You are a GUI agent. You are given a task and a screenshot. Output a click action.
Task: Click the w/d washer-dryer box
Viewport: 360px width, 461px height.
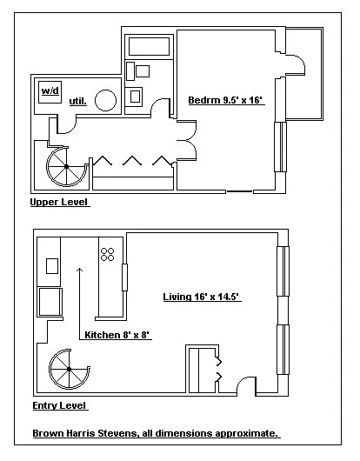pyautogui.click(x=50, y=92)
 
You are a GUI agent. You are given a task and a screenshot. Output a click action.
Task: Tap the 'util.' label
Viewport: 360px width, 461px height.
pyautogui.click(x=78, y=102)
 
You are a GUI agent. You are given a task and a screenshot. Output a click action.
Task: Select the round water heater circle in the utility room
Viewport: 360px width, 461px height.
pyautogui.click(x=105, y=100)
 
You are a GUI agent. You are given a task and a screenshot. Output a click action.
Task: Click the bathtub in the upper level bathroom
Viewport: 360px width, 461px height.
pyautogui.click(x=149, y=46)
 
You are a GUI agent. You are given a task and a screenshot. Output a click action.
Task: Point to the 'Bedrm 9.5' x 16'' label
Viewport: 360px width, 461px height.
pyautogui.click(x=225, y=100)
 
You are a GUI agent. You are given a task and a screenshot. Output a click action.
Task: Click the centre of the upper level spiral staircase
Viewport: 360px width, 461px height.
pyautogui.click(x=67, y=167)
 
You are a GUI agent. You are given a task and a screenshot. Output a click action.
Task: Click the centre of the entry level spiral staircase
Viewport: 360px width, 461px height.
pyautogui.click(x=69, y=369)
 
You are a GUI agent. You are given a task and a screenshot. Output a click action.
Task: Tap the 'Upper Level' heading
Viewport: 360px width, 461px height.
pyautogui.click(x=59, y=202)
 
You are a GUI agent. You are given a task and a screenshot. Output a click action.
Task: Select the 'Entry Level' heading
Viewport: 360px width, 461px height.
pyautogui.click(x=59, y=405)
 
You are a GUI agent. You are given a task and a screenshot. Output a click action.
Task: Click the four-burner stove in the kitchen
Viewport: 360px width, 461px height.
pyautogui.click(x=107, y=254)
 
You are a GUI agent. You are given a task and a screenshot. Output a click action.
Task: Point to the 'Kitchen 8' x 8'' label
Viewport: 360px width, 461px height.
pyautogui.click(x=117, y=335)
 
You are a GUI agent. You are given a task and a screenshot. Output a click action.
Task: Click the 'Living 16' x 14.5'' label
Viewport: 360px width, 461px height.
pyautogui.click(x=201, y=297)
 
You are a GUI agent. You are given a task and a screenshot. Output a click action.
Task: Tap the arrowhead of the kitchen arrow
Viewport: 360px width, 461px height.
pyautogui.click(x=79, y=269)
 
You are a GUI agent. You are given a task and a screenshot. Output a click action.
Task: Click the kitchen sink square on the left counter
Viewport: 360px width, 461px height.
pyautogui.click(x=52, y=266)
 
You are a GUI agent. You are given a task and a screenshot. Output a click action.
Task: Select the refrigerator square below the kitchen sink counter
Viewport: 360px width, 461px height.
pyautogui.click(x=50, y=302)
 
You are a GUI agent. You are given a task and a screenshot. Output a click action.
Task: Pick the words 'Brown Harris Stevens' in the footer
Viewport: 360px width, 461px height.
pyautogui.click(x=84, y=433)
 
